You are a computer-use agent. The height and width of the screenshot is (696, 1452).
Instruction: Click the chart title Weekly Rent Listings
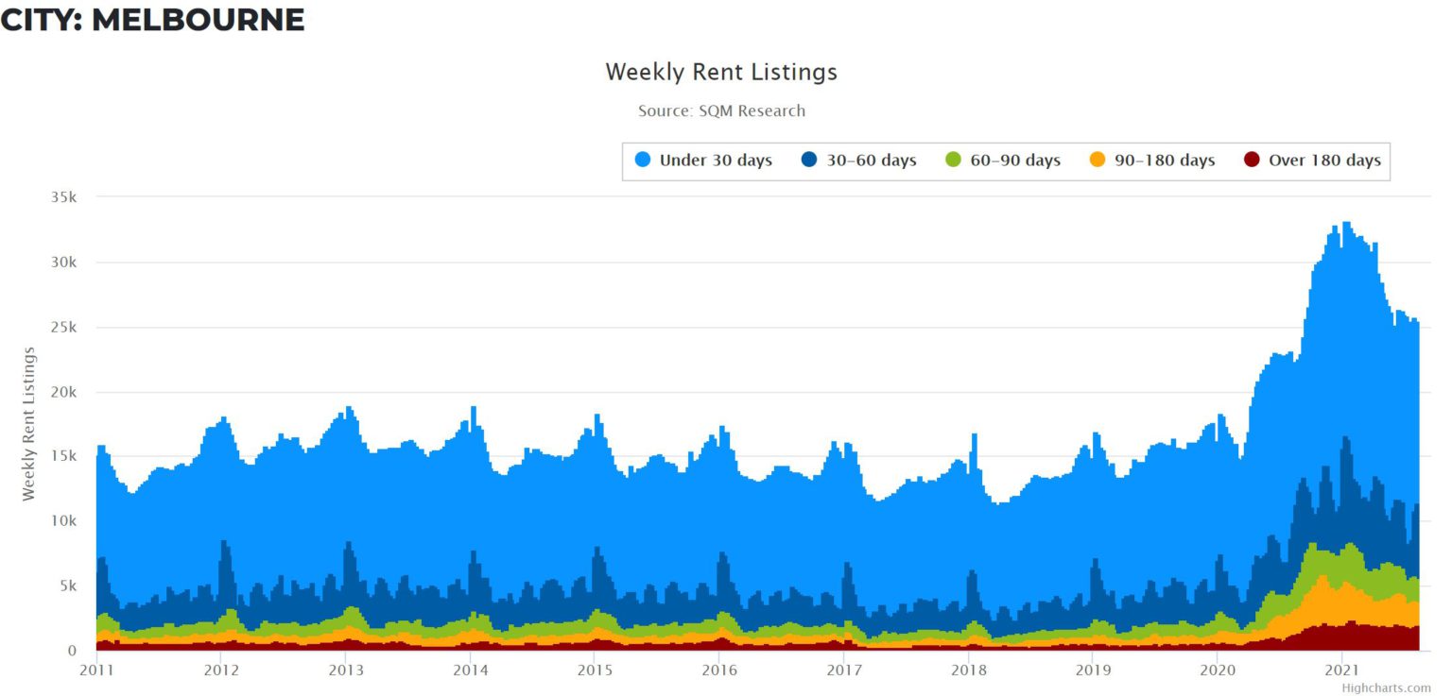[x=721, y=72]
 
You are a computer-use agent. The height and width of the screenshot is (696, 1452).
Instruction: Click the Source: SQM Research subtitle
[x=721, y=110]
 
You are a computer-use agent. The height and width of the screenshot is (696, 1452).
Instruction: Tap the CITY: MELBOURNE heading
[x=152, y=20]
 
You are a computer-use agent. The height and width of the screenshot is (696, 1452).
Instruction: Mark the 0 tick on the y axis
[x=71, y=651]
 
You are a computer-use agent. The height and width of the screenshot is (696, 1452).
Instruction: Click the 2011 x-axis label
[x=96, y=670]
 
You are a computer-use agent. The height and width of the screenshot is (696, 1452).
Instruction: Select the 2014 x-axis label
[x=470, y=670]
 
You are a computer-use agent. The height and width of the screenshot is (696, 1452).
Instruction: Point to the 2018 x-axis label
[x=968, y=670]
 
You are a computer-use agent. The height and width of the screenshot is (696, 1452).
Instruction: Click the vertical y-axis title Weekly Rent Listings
[x=29, y=423]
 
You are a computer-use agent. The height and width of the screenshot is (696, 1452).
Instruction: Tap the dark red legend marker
[x=1252, y=161]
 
